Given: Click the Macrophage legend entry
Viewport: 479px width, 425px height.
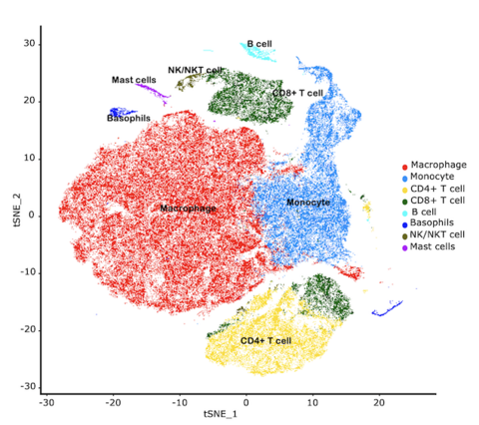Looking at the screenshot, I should (437, 165).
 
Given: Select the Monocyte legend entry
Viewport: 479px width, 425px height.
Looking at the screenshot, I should (433, 177).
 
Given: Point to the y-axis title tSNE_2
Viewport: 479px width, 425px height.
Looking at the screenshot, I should (15, 214).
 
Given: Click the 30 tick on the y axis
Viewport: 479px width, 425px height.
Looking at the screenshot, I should (31, 44).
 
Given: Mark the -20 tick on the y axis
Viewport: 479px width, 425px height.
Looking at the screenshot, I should (29, 329).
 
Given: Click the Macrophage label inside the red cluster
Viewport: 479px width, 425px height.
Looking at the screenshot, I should (188, 208).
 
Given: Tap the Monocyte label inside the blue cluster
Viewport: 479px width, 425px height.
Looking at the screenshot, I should (307, 203).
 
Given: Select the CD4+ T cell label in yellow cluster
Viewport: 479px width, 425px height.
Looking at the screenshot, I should (265, 340).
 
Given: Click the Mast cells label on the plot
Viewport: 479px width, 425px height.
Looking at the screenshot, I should (133, 80).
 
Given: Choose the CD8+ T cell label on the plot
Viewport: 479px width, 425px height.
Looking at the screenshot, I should (297, 93).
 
